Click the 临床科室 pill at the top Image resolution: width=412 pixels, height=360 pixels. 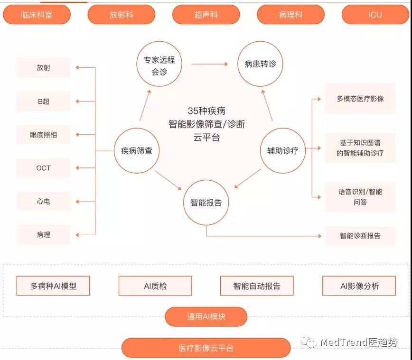click(37, 15)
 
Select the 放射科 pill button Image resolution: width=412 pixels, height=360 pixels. click(121, 15)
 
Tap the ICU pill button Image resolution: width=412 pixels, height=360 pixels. click(375, 15)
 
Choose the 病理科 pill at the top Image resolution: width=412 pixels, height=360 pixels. click(290, 15)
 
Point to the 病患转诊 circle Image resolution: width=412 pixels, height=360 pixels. click(260, 64)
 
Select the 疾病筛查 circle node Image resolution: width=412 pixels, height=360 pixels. click(137, 151)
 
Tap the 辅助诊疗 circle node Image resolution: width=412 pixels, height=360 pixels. click(282, 151)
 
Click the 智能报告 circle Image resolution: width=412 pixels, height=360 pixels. click(206, 203)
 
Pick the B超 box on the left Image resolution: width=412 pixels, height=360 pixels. click(43, 101)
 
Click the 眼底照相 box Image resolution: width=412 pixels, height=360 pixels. click(43, 135)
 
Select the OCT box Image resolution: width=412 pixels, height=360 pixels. click(43, 168)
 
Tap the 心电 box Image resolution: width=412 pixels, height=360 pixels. click(43, 201)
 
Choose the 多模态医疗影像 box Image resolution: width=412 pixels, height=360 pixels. click(360, 99)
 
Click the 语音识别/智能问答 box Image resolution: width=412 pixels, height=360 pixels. click(360, 197)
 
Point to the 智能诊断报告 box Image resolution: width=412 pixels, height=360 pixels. click(360, 235)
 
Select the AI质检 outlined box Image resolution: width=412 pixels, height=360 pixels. click(155, 286)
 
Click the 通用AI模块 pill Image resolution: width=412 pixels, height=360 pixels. click(206, 316)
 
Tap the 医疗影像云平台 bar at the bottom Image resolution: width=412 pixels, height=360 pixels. click(206, 348)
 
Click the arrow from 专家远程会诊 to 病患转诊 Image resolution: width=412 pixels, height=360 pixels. click(210, 64)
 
